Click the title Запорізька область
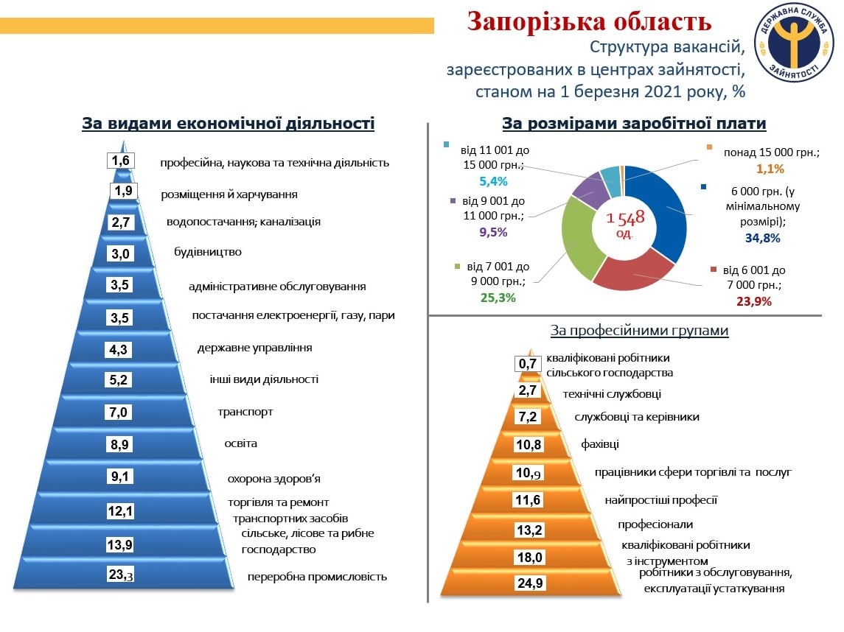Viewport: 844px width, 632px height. [x=590, y=21]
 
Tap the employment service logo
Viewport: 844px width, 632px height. [x=795, y=42]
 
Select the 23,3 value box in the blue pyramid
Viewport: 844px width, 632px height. [x=121, y=575]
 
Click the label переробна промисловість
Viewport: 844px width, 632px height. [x=317, y=577]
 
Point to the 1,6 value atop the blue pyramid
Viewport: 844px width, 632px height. [x=121, y=161]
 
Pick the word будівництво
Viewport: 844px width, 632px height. [x=208, y=252]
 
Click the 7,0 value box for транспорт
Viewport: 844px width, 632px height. [x=119, y=412]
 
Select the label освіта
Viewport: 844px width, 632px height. [x=240, y=443]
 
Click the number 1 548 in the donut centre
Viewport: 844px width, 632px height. [x=625, y=218]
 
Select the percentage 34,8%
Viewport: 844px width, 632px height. [x=762, y=238]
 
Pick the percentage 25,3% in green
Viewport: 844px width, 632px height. [x=498, y=298]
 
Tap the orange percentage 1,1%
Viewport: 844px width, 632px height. [x=770, y=169]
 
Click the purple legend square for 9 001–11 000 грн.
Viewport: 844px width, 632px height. [x=453, y=201]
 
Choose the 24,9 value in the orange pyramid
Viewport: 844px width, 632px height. [x=530, y=583]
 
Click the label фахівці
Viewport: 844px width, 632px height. [x=599, y=444]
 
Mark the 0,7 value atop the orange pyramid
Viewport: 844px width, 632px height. [x=528, y=364]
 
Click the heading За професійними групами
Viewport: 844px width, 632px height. [x=639, y=330]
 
